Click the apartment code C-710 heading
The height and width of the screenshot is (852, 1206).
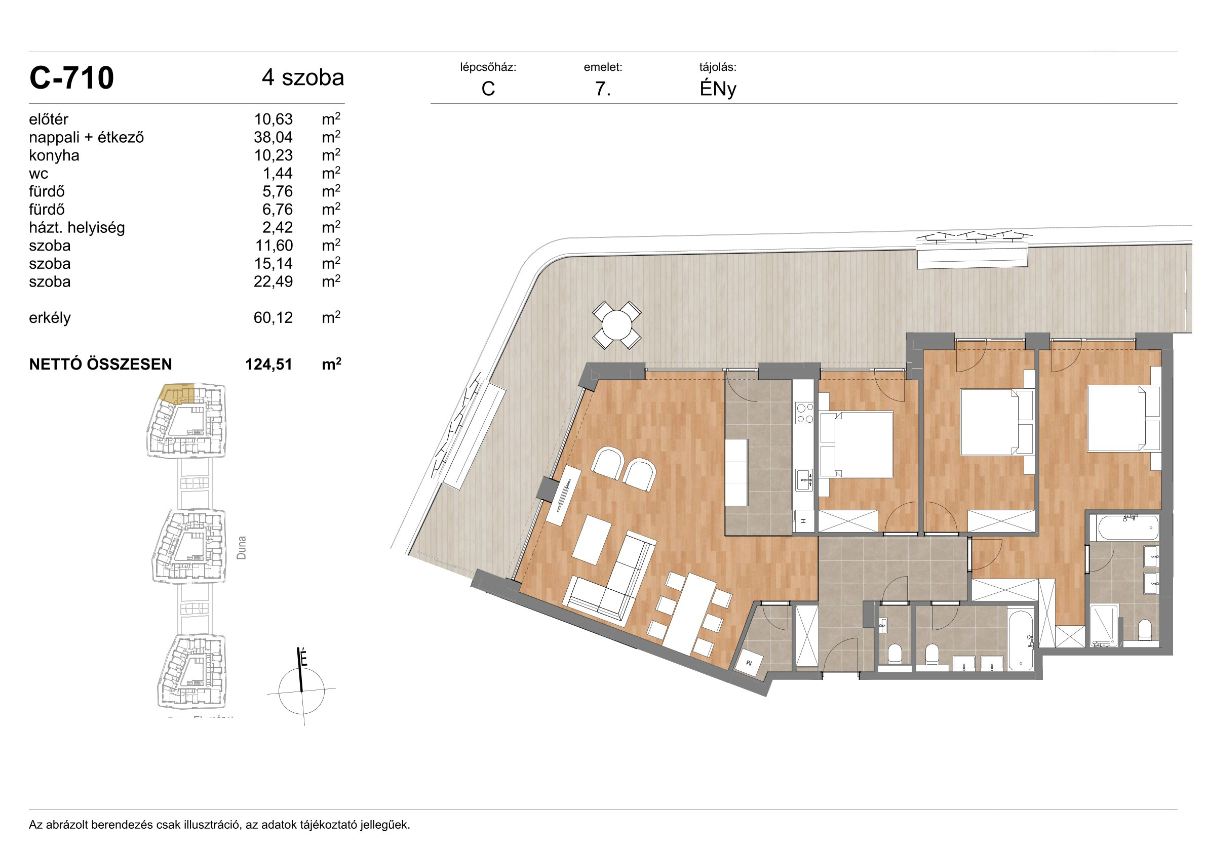71,78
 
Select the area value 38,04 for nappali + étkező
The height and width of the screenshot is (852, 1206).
273,138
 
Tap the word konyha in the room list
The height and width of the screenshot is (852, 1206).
54,156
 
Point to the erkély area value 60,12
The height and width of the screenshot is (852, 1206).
273,318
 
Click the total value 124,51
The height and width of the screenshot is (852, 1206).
268,364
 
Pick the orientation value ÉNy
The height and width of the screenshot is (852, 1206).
718,89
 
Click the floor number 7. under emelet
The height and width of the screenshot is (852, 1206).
602,89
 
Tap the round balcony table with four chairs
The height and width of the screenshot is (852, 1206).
616,326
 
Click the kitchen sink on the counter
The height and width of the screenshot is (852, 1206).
804,480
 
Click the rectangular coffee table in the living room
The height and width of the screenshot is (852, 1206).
592,540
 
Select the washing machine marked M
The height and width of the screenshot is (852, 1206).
749,663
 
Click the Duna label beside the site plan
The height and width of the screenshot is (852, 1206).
241,548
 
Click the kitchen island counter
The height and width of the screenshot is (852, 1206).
736,472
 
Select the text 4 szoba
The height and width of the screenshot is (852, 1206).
303,77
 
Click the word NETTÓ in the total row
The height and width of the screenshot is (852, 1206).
55,364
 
